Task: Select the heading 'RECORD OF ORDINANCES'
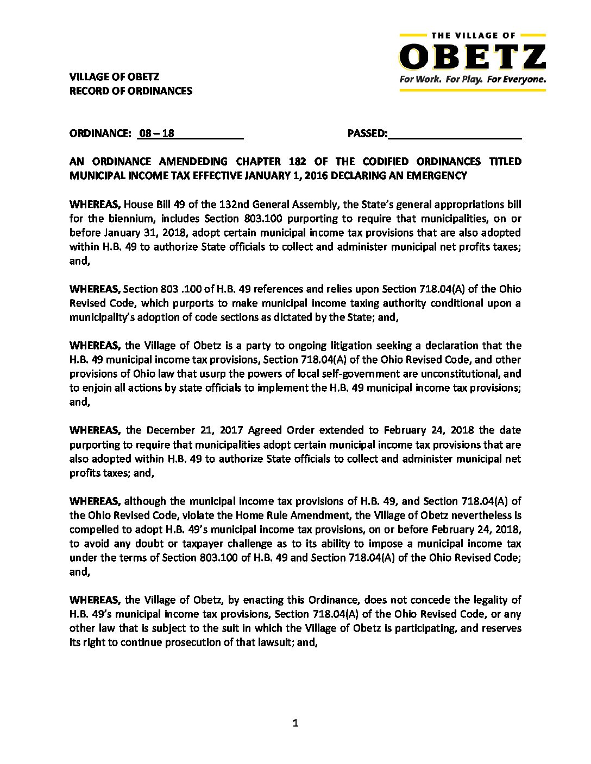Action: click(x=131, y=91)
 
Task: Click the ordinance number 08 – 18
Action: click(x=156, y=133)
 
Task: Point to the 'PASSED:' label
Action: click(x=367, y=133)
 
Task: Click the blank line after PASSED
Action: click(x=455, y=135)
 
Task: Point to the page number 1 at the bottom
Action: click(x=295, y=723)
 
